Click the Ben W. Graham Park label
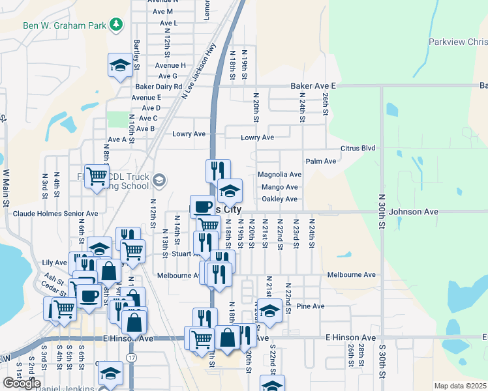pos(64,25)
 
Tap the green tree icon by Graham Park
pos(116,25)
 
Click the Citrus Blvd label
pos(358,149)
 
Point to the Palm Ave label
pos(320,161)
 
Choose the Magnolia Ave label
pos(279,175)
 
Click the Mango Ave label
pos(282,187)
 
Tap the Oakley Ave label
pos(279,199)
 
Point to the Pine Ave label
pos(310,306)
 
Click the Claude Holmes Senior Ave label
pos(55,213)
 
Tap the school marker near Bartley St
pos(120,65)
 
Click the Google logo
pos(22,383)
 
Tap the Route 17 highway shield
pos(132,358)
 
